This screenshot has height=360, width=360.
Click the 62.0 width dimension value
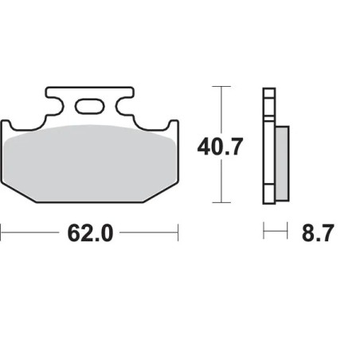pos(89,233)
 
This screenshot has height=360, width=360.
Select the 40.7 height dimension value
pos(220,146)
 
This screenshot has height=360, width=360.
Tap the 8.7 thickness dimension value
pos(317,233)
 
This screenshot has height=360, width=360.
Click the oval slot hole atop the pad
pos(90,106)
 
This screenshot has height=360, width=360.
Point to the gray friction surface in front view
pos(89,159)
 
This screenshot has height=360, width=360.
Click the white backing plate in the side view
pos(268,143)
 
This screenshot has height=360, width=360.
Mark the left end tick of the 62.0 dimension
pos(2,233)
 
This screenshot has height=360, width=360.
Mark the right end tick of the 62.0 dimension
pos(178,233)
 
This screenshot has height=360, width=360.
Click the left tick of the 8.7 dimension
pos(264,233)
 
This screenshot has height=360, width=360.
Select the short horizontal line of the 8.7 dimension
pos(275,233)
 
